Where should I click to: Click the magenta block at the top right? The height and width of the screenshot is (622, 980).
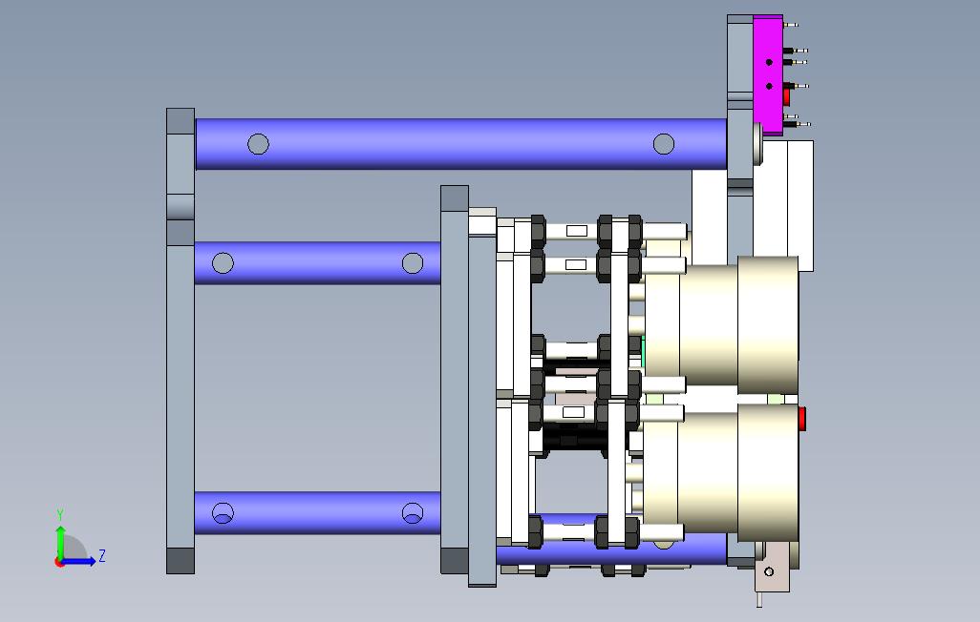click(x=768, y=75)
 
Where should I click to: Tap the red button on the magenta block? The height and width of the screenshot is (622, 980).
click(x=786, y=96)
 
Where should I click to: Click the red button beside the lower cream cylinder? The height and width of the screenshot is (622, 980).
click(x=802, y=419)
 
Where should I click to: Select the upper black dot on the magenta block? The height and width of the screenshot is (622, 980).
click(x=769, y=62)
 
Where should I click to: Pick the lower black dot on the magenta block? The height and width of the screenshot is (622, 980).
click(x=769, y=86)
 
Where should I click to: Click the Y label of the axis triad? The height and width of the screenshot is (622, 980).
click(x=60, y=515)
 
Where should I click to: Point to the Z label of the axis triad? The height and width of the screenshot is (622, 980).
click(x=102, y=555)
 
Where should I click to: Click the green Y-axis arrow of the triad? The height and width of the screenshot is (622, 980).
click(x=60, y=544)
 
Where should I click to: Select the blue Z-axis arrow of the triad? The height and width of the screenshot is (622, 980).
click(x=77, y=561)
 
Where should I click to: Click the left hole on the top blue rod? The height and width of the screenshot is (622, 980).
click(x=258, y=144)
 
